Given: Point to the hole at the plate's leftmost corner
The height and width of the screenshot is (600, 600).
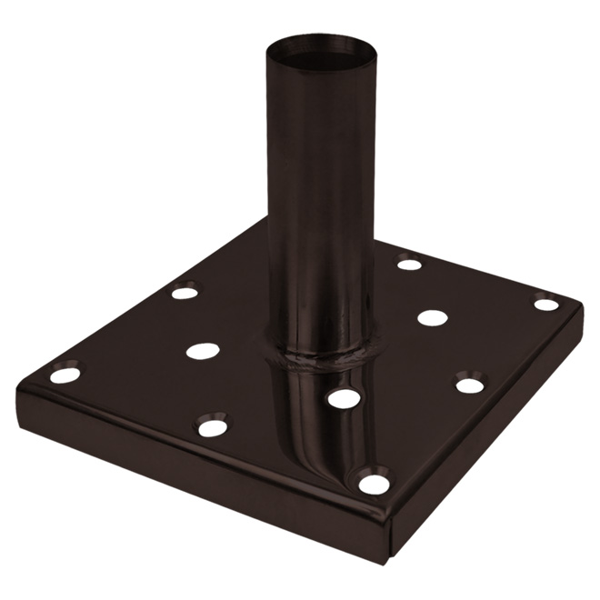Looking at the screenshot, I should [65, 374].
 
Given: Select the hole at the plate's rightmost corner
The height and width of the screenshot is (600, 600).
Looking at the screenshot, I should [545, 305].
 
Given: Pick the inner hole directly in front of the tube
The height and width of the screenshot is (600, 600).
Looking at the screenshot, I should [343, 398].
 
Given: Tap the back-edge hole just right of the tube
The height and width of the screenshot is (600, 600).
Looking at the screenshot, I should [409, 265].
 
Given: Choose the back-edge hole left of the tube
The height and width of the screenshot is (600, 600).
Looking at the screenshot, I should [185, 293].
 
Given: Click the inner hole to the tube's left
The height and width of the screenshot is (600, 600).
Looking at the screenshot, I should [203, 350].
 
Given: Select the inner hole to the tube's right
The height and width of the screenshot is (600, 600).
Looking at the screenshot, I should [433, 317].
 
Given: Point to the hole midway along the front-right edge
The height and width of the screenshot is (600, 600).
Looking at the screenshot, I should [470, 385].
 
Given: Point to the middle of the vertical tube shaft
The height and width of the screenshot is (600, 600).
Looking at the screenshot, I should [318, 200].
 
